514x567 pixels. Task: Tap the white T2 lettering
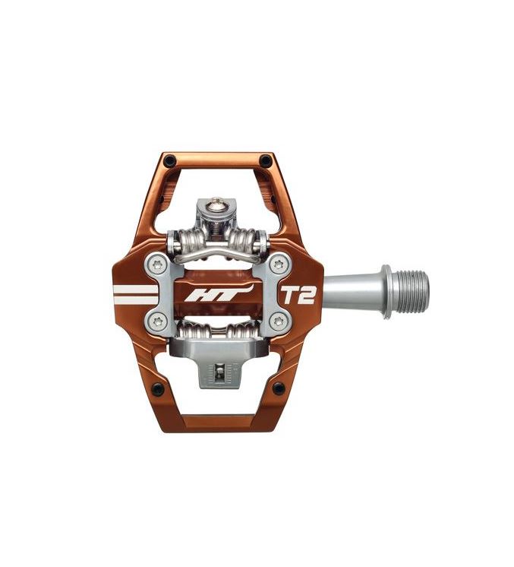[298, 296]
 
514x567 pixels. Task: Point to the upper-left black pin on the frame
[168, 159]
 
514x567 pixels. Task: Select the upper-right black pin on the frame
[266, 160]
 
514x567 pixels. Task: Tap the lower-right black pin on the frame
[279, 388]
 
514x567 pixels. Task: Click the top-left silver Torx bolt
[157, 264]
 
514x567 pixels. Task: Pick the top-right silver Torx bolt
[278, 264]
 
